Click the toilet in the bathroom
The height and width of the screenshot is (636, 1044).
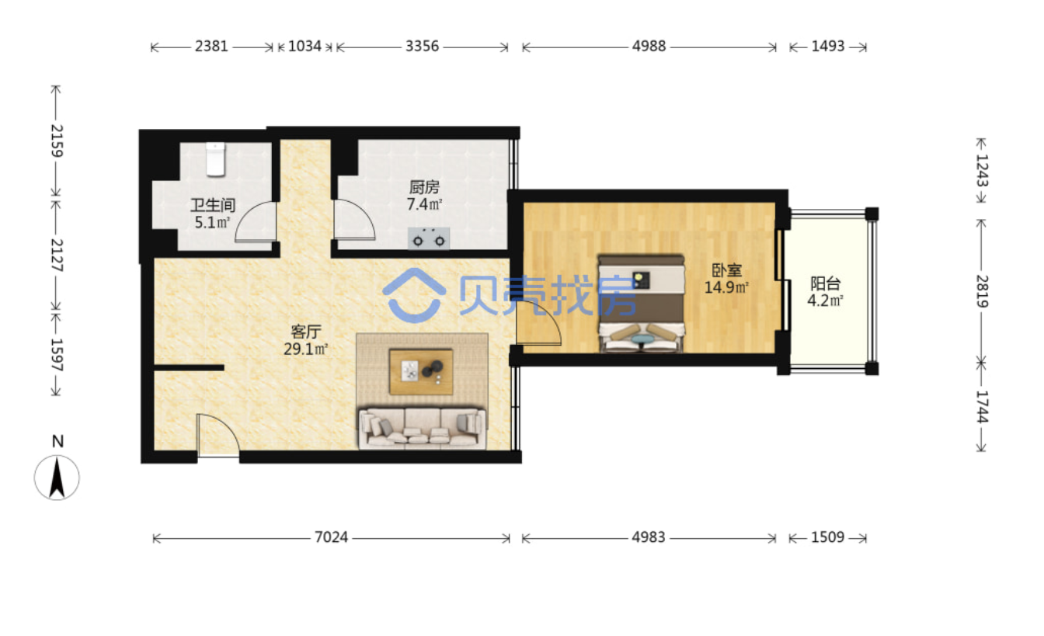(215, 160)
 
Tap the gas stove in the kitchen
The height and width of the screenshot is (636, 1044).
(429, 238)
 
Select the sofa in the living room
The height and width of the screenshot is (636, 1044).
(423, 428)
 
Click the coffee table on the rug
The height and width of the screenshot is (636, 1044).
(421, 372)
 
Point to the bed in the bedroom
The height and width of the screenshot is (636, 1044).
(642, 303)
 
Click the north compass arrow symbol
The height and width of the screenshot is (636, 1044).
(57, 478)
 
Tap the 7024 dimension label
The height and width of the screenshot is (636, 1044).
(331, 537)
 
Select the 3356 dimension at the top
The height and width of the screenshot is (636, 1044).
(423, 46)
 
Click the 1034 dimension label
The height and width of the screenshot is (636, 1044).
(304, 46)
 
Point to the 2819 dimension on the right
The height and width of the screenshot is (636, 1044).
(982, 291)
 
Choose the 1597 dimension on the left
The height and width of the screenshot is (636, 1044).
(57, 355)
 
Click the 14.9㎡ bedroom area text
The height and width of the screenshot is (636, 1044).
(726, 287)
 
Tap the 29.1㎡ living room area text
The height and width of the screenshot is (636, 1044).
(306, 349)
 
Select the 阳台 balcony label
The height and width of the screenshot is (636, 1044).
(826, 283)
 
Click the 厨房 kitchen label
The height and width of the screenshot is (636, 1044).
(424, 187)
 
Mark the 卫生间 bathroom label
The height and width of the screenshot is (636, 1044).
(213, 205)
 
